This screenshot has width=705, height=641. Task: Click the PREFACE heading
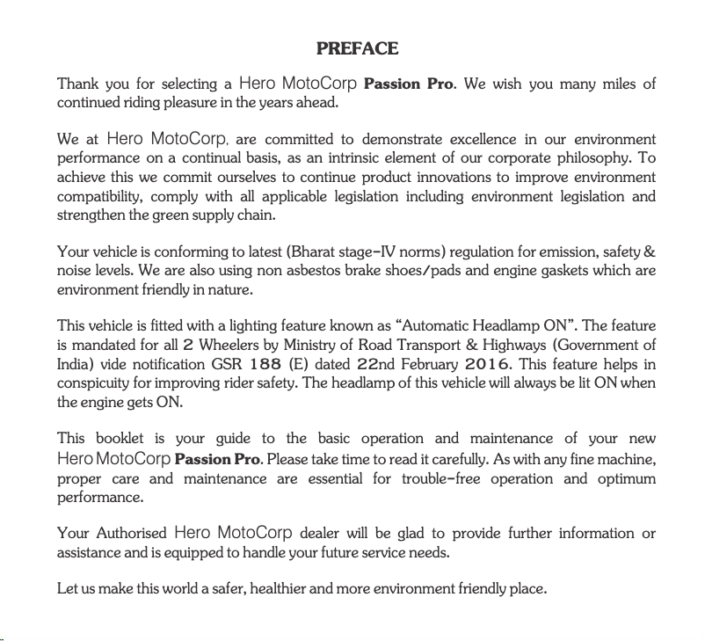click(x=357, y=48)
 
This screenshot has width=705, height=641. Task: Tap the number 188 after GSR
click(x=265, y=365)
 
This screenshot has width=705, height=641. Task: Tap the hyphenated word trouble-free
click(x=447, y=479)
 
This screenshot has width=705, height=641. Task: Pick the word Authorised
click(x=131, y=534)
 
